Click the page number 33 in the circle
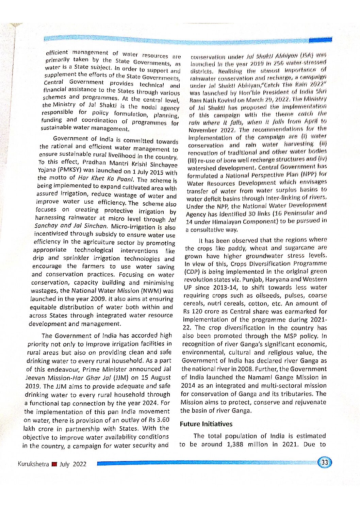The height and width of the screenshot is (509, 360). tap(325, 462)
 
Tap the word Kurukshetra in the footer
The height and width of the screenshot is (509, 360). tap(33, 464)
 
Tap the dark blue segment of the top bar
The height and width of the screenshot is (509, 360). tap(320, 40)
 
